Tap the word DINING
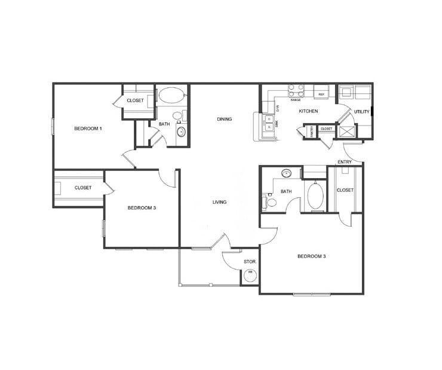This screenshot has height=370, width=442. pos(224,119)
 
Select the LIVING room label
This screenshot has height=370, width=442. pos(219,202)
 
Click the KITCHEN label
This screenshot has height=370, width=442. pos(308,111)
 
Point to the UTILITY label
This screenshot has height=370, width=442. pos(361,112)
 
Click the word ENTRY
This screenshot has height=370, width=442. pos(345,162)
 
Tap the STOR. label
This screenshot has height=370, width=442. pos(250,262)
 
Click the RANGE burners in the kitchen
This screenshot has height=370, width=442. pos(296,90)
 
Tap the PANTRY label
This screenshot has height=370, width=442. pos(311,132)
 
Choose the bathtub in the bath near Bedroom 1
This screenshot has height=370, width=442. pos(173,95)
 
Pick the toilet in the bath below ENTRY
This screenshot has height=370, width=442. pos(271,203)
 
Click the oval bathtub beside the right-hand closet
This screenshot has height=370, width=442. pos(315,195)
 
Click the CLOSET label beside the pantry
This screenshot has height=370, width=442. pos(326,129)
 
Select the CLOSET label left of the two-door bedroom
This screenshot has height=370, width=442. pos(83,188)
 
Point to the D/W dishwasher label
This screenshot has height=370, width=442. pos(277,108)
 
